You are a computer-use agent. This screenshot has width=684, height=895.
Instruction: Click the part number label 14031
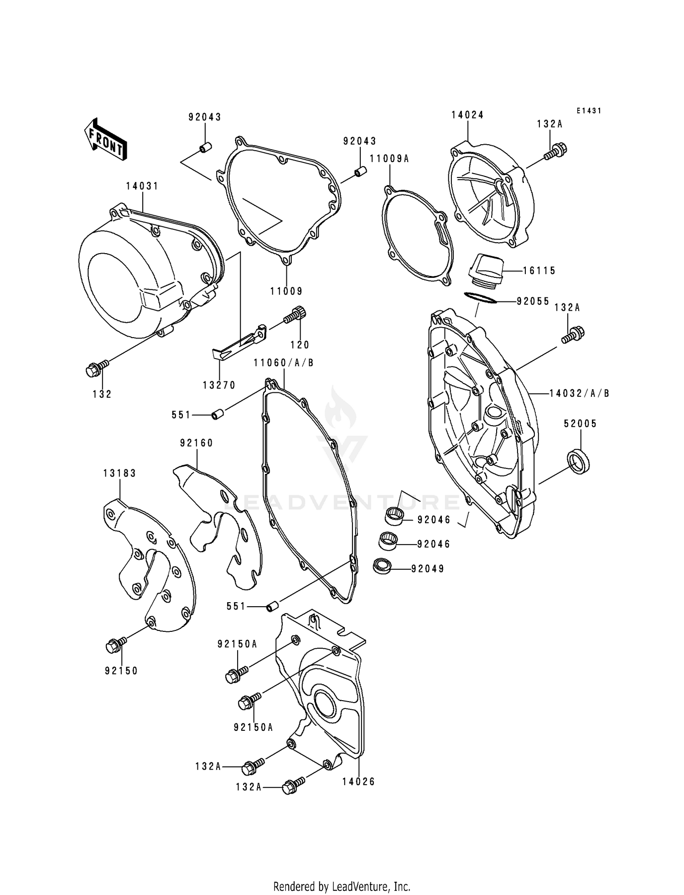click(x=142, y=186)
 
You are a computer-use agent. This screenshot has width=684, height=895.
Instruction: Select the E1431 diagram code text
click(x=589, y=111)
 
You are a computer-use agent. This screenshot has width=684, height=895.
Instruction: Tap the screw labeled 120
click(x=296, y=316)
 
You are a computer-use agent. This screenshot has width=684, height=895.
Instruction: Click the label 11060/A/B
click(x=284, y=363)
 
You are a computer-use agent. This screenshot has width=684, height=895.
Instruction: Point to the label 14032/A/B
click(x=579, y=393)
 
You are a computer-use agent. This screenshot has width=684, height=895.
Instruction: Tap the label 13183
click(x=119, y=474)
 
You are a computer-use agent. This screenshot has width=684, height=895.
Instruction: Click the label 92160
click(x=197, y=443)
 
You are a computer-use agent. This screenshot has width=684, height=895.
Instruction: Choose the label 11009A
click(x=389, y=158)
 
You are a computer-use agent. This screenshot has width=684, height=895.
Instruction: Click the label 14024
click(x=467, y=115)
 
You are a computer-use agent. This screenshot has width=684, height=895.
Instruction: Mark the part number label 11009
click(x=286, y=291)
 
